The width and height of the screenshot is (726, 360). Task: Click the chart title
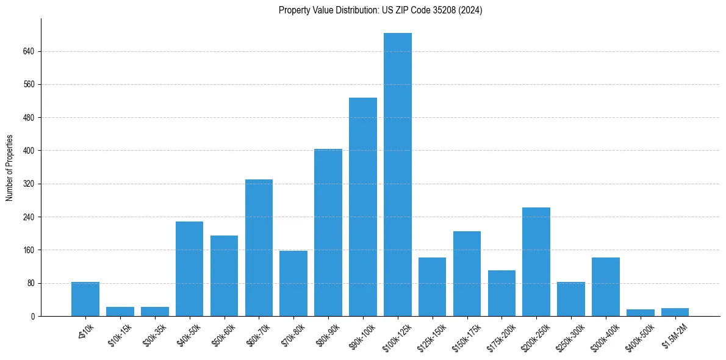point(380,10)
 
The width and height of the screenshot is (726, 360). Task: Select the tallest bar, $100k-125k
point(398,175)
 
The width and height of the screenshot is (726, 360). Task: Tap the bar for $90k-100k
point(363,207)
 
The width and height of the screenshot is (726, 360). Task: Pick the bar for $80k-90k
point(328,232)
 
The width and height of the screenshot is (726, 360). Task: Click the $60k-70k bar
point(259,248)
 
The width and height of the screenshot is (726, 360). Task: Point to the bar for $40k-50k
point(189,268)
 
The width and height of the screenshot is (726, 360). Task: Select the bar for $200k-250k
point(536,262)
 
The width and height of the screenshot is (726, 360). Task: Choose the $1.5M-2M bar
point(675,312)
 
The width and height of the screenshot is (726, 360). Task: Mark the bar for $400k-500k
point(641,312)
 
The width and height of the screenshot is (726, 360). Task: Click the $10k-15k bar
point(120,311)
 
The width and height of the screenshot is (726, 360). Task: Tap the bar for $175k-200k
point(501,293)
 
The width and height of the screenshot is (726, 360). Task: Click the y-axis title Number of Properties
point(9,167)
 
